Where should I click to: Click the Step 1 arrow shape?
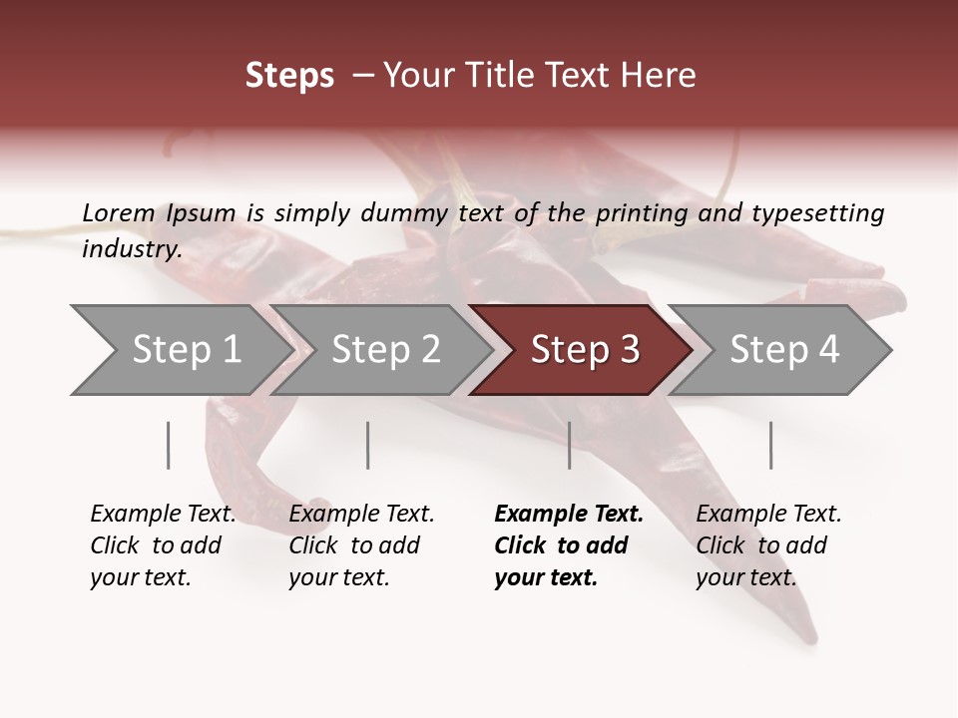(x=180, y=350)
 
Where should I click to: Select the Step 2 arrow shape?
(x=384, y=350)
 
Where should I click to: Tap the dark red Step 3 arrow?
(x=584, y=350)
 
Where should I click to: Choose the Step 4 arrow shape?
(x=783, y=350)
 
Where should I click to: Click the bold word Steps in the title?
(x=289, y=76)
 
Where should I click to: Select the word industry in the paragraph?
(x=131, y=248)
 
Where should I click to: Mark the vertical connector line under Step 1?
(x=169, y=445)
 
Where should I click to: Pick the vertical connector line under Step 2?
(x=368, y=445)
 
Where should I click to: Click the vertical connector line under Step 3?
(x=570, y=445)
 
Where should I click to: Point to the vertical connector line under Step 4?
(x=771, y=445)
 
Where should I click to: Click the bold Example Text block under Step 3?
(x=568, y=545)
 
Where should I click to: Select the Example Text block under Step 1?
(x=163, y=545)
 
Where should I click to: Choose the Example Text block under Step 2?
(x=361, y=545)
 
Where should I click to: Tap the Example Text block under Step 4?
(x=768, y=545)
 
